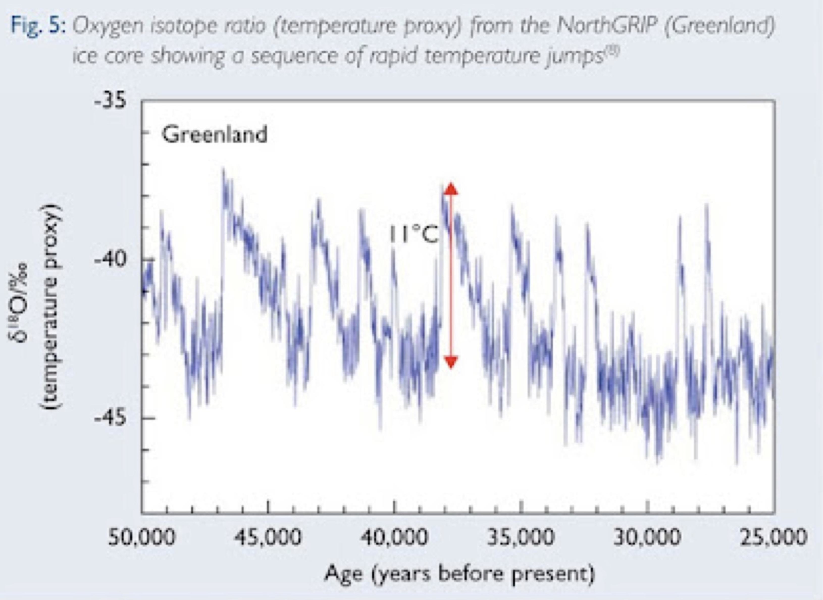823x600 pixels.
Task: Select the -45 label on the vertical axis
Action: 110,418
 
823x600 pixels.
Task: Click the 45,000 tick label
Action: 268,537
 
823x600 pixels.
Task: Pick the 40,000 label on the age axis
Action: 394,537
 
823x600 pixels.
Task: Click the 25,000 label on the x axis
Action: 773,537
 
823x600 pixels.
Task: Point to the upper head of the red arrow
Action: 451,189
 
